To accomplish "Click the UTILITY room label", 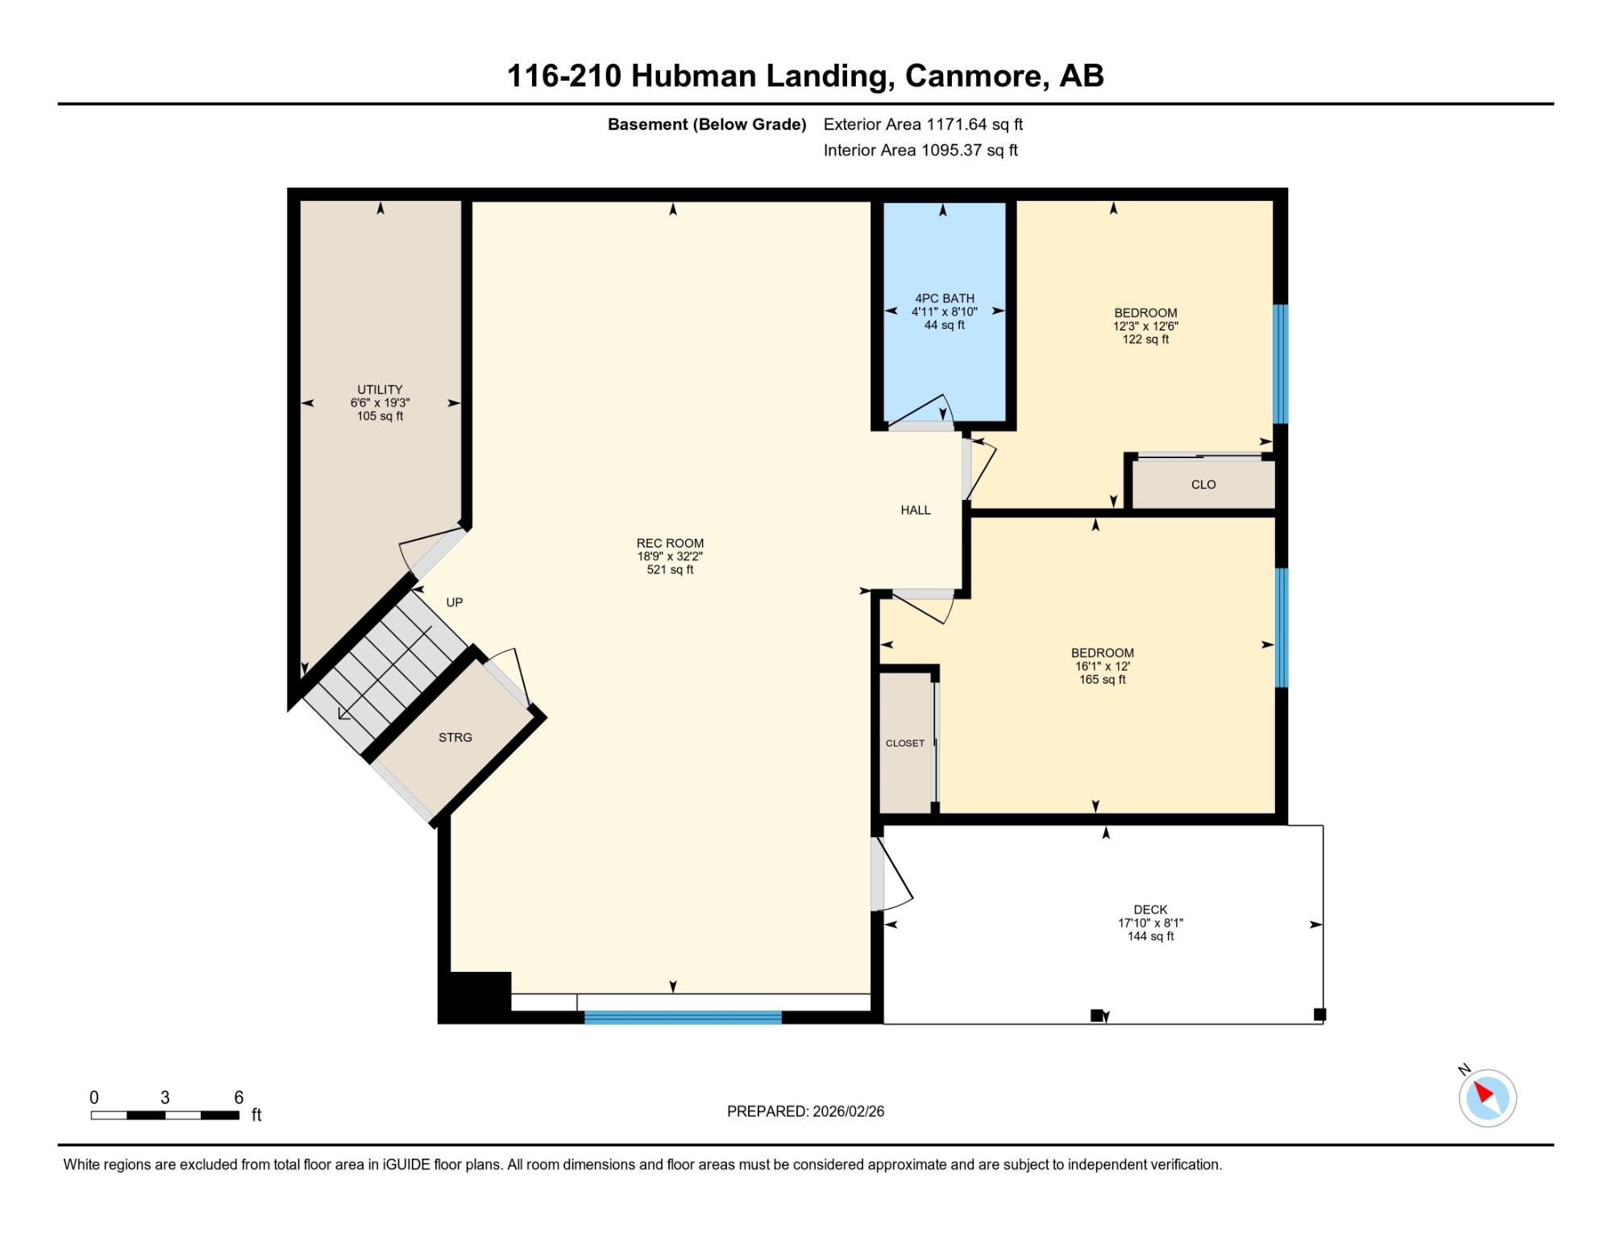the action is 380,390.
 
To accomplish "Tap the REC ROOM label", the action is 670,544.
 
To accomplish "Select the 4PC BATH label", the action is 945,298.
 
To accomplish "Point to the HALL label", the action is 916,510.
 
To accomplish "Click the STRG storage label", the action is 455,737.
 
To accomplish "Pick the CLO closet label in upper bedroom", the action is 1203,485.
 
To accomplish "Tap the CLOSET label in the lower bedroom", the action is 905,743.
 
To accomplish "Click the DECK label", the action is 1150,910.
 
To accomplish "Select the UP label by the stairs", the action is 455,602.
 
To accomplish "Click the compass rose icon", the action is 1487,1098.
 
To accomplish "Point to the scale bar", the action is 165,1115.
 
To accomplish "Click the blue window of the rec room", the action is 683,1017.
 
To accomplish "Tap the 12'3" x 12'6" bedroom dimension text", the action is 1145,327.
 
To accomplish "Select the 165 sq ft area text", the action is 1103,680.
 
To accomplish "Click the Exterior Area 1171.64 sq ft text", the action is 923,124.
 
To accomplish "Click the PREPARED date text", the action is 805,1111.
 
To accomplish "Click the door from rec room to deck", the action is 891,874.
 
